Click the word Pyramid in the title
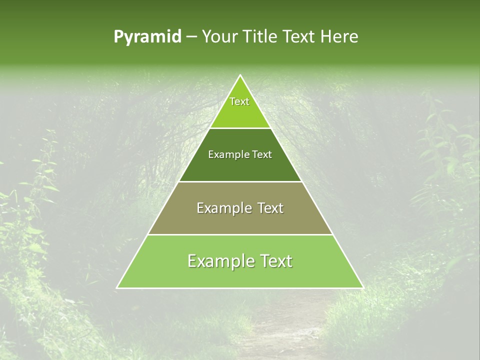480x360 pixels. pos(147,37)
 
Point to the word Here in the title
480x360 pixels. pos(340,37)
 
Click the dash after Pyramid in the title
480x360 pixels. pos(191,37)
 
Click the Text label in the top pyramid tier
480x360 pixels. pos(239,101)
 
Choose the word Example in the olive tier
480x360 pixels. pos(221,208)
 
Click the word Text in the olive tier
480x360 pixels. pos(270,208)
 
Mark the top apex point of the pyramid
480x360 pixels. pos(240,75)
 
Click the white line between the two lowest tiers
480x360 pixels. pos(240,234)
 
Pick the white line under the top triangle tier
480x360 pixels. pos(240,128)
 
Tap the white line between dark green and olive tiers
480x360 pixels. pos(240,181)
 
